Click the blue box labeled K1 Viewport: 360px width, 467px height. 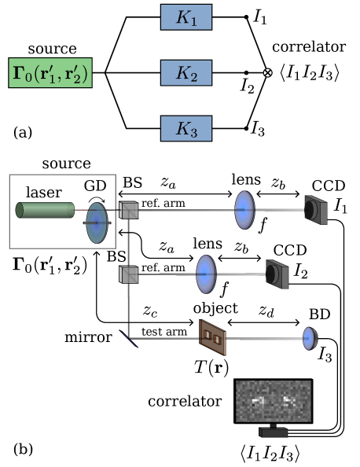click(186, 17)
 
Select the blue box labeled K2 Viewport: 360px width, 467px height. click(186, 73)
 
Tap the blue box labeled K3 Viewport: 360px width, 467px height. click(186, 128)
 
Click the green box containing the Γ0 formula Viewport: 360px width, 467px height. click(50, 73)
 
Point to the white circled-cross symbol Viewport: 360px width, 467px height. click(268, 73)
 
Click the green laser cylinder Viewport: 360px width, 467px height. click(46, 210)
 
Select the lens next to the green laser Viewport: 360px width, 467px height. click(97, 222)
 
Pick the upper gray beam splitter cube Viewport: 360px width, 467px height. click(128, 210)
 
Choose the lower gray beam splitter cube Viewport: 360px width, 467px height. click(128, 274)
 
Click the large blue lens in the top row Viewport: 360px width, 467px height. click(244, 210)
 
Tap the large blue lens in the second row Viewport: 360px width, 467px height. click(206, 274)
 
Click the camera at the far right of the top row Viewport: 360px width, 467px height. click(316, 210)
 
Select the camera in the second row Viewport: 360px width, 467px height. click(277, 274)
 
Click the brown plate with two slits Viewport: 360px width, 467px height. click(212, 337)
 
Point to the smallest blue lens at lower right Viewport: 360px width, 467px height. click(310, 338)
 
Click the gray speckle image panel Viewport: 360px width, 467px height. click(274, 401)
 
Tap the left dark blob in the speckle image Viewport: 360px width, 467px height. click(258, 401)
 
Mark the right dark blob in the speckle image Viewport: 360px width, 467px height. click(288, 401)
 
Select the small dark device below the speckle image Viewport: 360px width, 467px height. click(273, 432)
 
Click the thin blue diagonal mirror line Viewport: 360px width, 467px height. click(129, 339)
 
